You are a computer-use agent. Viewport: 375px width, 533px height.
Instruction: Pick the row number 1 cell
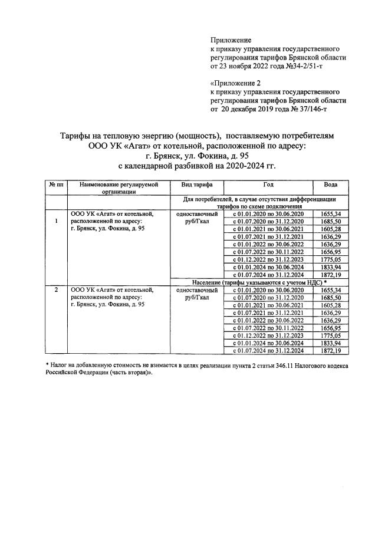point(57,221)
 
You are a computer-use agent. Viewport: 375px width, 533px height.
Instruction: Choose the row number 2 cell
point(57,290)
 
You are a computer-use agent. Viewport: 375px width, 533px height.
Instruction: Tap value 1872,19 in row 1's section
point(330,275)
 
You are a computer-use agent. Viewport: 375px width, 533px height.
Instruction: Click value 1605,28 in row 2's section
point(330,305)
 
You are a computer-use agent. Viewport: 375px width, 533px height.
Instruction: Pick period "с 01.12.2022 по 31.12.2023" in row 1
point(268,259)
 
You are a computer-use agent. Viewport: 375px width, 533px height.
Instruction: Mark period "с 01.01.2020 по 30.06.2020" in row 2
point(268,290)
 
